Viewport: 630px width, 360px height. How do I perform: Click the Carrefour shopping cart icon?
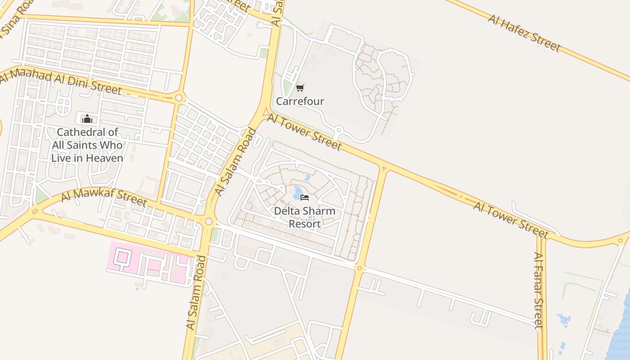(x=300, y=88)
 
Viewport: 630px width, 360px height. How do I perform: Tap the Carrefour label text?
(x=300, y=101)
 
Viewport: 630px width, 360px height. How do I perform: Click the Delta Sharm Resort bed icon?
(x=305, y=198)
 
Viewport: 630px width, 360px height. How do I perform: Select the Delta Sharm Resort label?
(x=305, y=217)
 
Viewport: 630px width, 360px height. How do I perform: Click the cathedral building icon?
(x=87, y=119)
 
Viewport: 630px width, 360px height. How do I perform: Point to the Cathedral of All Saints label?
(x=87, y=145)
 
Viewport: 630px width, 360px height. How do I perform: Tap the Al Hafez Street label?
(x=524, y=32)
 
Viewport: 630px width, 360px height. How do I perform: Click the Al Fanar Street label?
(x=539, y=290)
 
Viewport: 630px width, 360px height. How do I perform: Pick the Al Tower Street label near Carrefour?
(x=305, y=131)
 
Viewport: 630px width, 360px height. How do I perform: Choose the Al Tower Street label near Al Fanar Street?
(x=511, y=219)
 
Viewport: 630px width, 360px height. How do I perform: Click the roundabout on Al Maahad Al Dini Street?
(x=179, y=97)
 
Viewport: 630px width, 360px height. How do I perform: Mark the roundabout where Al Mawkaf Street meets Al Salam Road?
(x=208, y=221)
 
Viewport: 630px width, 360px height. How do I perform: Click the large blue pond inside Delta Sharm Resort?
(x=297, y=193)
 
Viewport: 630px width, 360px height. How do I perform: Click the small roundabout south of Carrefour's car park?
(x=338, y=130)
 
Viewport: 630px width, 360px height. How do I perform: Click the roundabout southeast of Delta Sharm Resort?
(x=359, y=268)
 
